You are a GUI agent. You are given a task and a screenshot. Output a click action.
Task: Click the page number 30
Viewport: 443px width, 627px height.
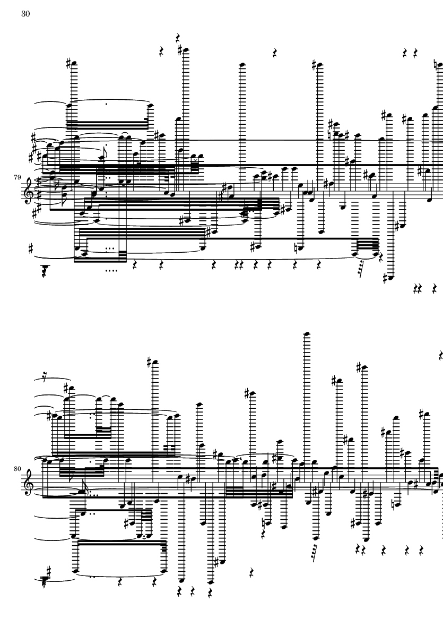(25, 14)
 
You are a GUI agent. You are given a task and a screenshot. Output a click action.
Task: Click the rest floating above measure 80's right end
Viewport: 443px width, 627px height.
(440, 356)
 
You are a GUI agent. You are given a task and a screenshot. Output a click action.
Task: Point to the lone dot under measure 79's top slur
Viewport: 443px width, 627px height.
(107, 104)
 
